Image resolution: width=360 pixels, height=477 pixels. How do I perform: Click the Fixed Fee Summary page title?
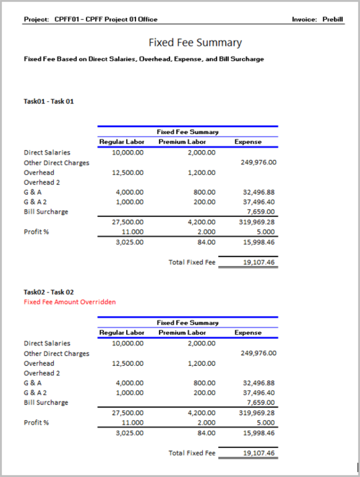click(195, 43)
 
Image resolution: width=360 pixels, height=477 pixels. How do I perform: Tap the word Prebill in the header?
click(333, 19)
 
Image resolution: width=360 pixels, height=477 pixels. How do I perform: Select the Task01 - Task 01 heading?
click(49, 101)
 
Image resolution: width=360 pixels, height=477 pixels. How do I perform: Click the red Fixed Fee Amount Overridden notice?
click(70, 302)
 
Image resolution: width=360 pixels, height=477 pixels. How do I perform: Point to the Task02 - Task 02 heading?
click(49, 292)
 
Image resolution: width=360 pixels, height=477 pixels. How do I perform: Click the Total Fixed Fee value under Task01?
click(259, 262)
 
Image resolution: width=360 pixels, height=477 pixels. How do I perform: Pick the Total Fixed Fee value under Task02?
click(259, 453)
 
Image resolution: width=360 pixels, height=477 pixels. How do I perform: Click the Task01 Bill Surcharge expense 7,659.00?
click(261, 212)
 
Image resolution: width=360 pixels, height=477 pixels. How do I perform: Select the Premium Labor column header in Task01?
click(182, 142)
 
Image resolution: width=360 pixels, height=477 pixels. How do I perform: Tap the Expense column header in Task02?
click(248, 332)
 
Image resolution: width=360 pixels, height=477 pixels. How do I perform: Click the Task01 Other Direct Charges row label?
click(57, 163)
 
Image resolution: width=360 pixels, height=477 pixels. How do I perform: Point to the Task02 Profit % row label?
click(36, 423)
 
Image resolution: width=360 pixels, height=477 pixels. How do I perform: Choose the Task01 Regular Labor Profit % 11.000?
click(132, 232)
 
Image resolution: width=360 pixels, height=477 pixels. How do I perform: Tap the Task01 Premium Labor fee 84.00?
click(206, 242)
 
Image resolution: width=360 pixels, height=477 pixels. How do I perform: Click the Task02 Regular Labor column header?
click(122, 332)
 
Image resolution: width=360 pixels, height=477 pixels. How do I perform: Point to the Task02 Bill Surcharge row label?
click(46, 403)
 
